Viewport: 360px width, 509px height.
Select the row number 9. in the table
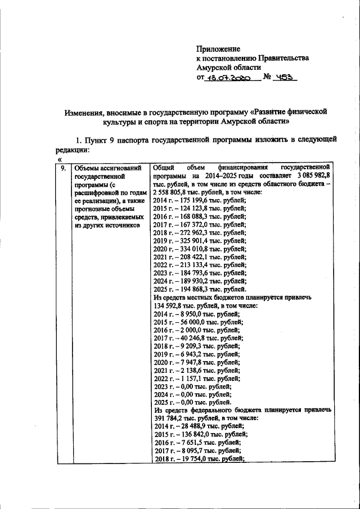[x=64, y=168]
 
